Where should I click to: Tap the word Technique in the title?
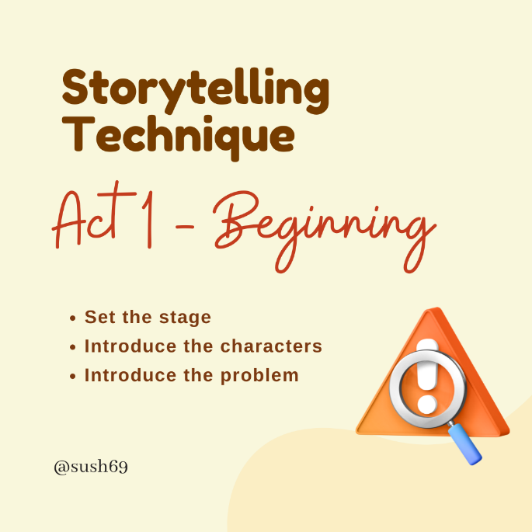click(178, 134)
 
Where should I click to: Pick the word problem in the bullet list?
click(259, 375)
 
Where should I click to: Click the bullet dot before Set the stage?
click(72, 318)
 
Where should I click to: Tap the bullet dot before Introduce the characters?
click(72, 347)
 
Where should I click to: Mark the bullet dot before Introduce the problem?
click(72, 376)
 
